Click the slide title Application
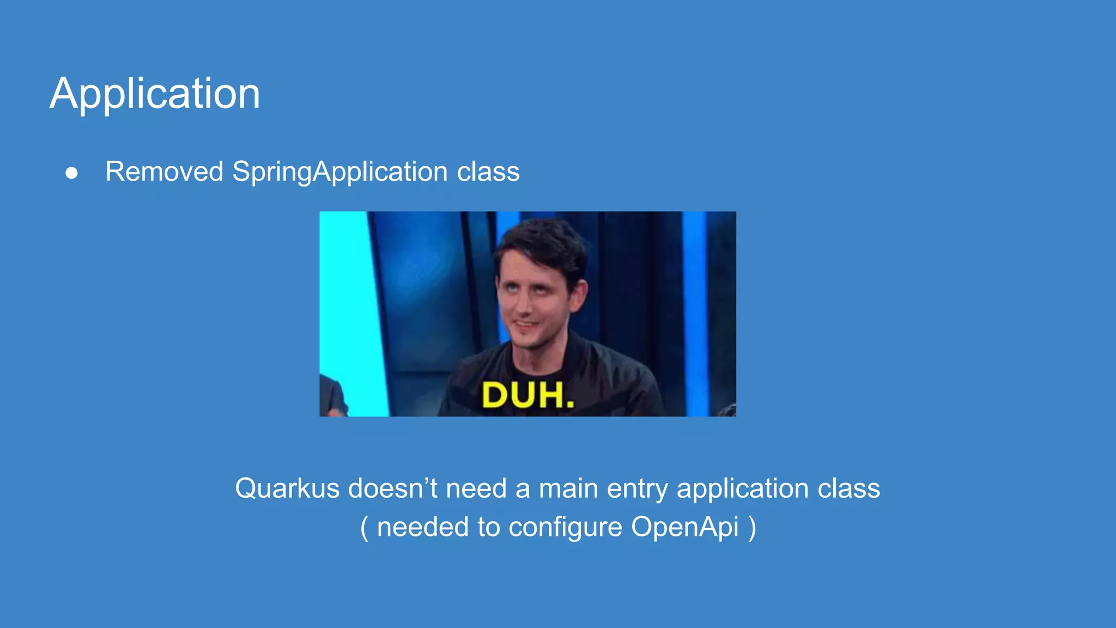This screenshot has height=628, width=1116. (x=155, y=94)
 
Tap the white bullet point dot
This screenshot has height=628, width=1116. (x=71, y=173)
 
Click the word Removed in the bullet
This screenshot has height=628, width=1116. (x=164, y=172)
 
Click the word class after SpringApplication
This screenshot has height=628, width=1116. (x=488, y=172)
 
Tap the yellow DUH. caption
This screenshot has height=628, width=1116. (x=528, y=395)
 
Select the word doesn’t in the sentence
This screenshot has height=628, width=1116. (x=392, y=488)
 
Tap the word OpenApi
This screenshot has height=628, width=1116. (x=684, y=527)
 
